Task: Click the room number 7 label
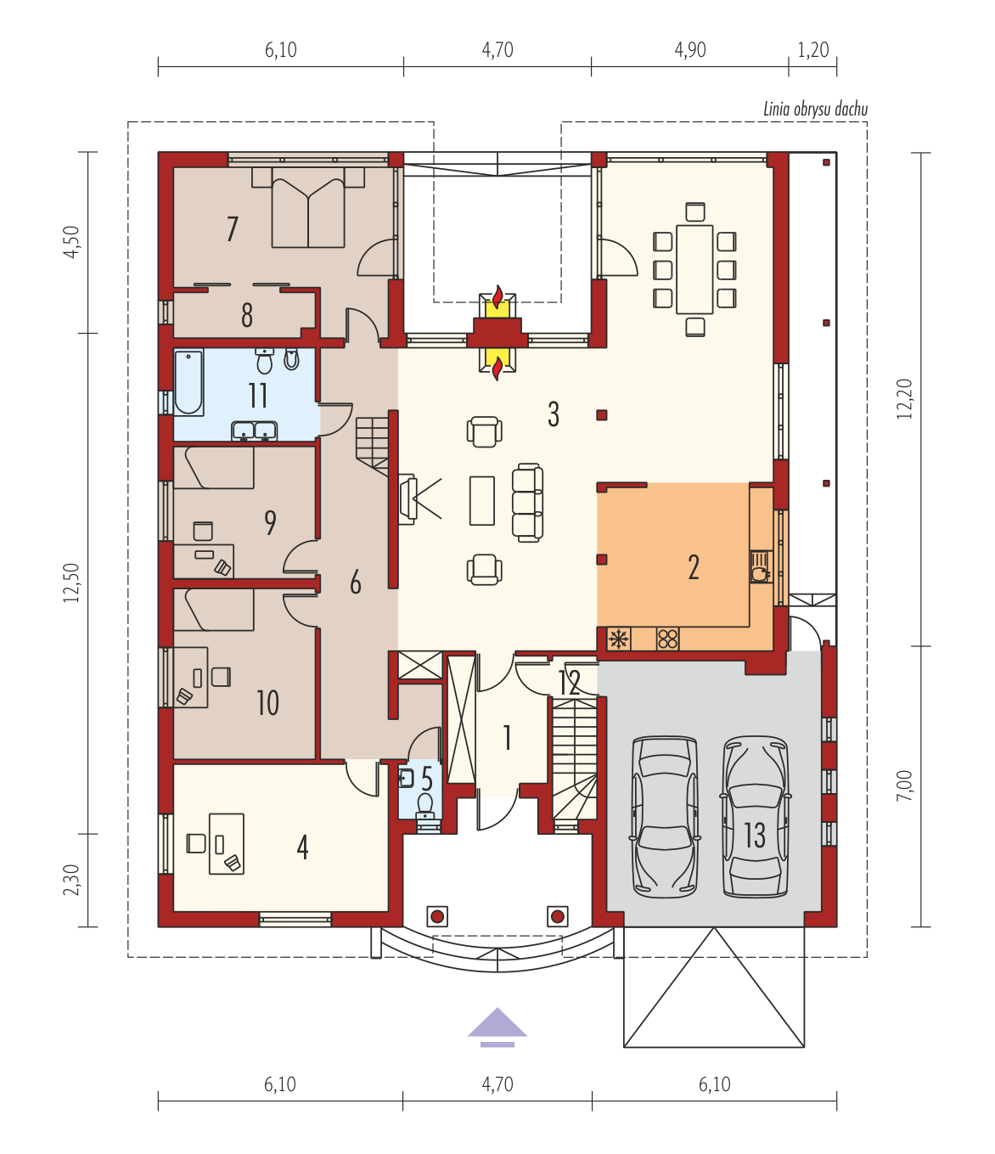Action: point(233,229)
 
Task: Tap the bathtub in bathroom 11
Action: point(188,382)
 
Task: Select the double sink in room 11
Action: point(255,431)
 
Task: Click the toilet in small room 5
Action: point(426,804)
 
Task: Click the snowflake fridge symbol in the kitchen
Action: point(618,639)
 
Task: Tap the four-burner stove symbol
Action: point(667,639)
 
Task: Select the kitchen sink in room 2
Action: point(760,566)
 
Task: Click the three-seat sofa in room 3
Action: point(527,503)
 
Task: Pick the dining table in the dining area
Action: point(694,270)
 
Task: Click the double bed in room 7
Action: point(308,208)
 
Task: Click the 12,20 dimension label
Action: point(905,398)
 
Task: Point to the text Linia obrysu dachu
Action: point(815,110)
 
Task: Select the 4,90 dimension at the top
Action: point(690,50)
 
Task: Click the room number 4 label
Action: point(302,847)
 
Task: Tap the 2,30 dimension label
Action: point(70,880)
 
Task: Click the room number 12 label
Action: point(569,682)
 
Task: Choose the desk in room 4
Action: point(227,843)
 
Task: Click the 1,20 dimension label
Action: point(813,50)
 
